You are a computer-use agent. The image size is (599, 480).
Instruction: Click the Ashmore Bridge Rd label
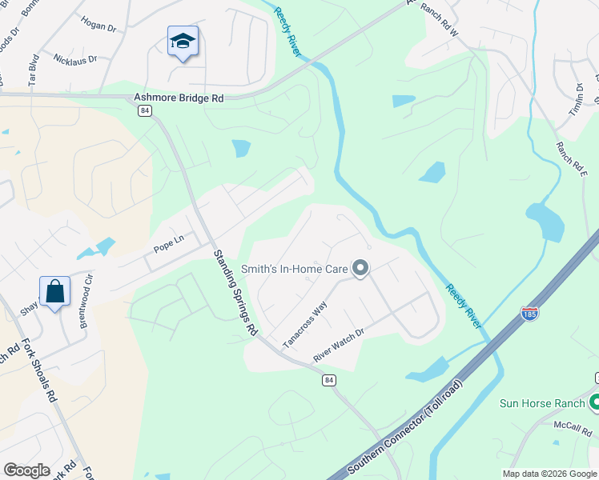[x=179, y=98]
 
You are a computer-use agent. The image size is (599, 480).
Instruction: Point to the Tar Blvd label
[x=34, y=70]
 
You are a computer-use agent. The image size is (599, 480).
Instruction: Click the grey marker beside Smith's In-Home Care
[x=360, y=269]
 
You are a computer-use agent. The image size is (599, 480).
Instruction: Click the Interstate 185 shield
[x=529, y=313]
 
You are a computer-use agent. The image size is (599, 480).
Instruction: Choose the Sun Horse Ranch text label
[x=543, y=403]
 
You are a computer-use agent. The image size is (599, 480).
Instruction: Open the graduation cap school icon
[x=183, y=41]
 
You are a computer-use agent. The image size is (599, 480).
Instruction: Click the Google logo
[x=26, y=470]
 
